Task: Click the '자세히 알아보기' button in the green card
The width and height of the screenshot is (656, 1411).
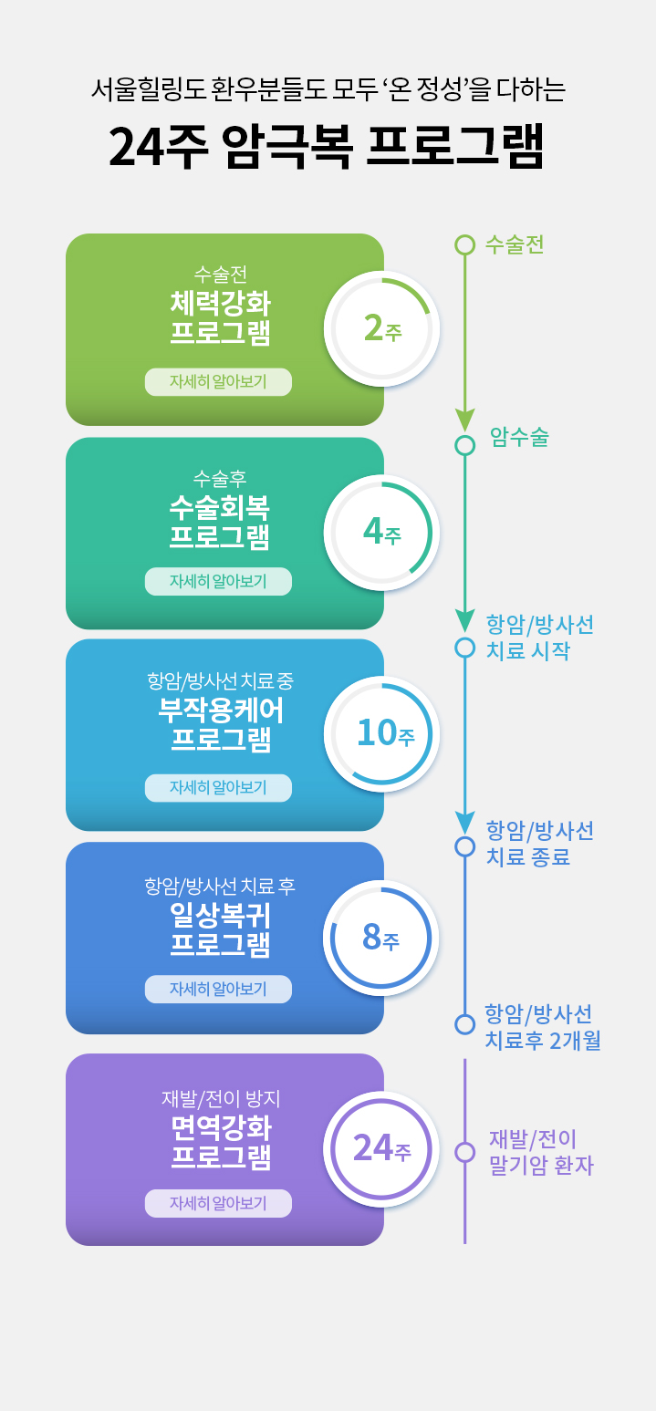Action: (218, 382)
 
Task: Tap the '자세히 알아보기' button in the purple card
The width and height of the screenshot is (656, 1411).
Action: (218, 1203)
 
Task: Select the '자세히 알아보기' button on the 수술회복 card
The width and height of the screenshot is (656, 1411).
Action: (218, 581)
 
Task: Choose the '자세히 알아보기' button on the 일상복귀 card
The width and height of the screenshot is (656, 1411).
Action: (218, 989)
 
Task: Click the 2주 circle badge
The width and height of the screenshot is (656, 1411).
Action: (382, 329)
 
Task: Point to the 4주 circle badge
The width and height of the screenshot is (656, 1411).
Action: (382, 533)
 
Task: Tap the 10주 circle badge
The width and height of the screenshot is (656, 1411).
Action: (382, 734)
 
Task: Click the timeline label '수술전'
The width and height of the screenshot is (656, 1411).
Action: (515, 244)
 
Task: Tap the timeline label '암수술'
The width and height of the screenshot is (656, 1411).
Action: (519, 437)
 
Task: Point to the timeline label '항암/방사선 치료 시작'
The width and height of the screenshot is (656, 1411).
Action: (539, 638)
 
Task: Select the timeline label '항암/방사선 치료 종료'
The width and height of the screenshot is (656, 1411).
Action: (539, 844)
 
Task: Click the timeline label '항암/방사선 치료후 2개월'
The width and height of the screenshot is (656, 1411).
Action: (542, 1027)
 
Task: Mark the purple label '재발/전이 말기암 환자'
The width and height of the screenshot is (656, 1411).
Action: (541, 1152)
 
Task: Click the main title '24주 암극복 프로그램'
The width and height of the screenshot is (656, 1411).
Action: (326, 146)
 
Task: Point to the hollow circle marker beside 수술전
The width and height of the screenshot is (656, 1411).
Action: (465, 245)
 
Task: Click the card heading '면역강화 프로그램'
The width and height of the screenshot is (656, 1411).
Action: (221, 1142)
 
